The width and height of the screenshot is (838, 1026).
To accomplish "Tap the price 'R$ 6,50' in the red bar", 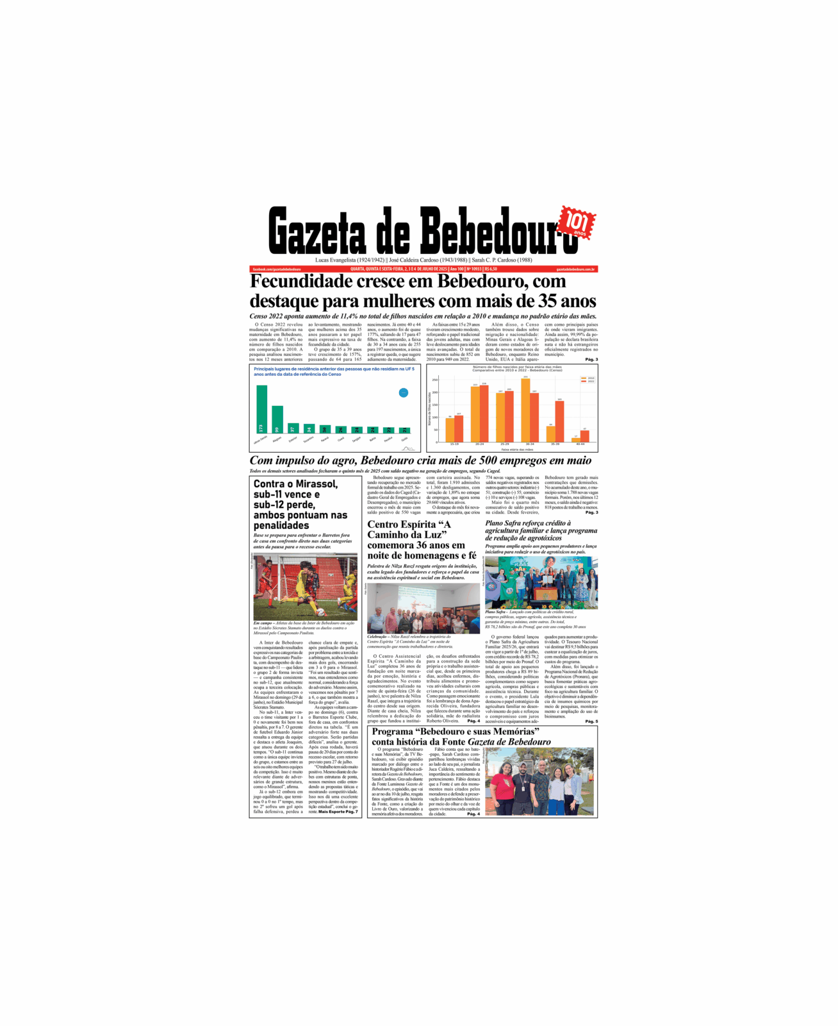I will coord(491,269).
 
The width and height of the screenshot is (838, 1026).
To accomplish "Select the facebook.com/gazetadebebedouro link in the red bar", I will coord(277,269).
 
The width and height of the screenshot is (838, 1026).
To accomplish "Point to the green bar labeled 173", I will coord(261,409).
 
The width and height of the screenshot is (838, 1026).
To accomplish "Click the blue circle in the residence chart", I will coord(403,392).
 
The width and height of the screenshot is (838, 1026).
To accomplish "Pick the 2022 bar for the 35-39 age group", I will coord(559,421).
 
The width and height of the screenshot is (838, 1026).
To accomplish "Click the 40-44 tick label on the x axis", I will coord(580,444).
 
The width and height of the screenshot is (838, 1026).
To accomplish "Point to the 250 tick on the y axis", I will coord(435,380).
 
